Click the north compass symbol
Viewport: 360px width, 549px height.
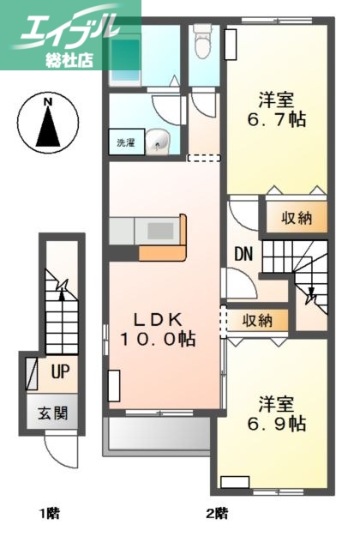(48, 123)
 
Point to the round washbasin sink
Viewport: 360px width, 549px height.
(158, 143)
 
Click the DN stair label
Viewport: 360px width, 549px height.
(243, 254)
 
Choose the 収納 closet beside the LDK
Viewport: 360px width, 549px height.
(256, 321)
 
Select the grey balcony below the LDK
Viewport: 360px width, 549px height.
(157, 438)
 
